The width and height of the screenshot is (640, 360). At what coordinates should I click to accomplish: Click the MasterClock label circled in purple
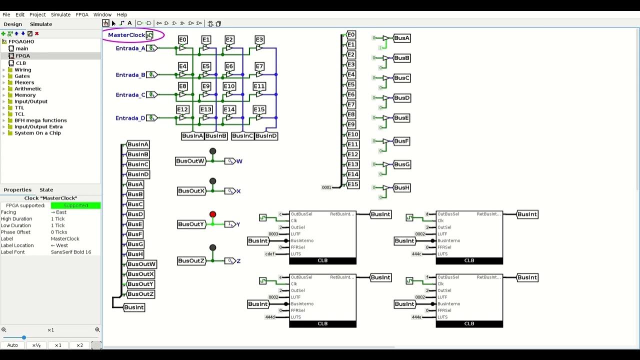[x=126, y=35]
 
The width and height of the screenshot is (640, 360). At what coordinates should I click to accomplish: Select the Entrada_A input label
[x=130, y=48]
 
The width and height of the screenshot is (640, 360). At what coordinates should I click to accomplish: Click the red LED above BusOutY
[x=212, y=214]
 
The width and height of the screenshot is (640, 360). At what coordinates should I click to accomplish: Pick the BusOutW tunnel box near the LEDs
[x=190, y=161]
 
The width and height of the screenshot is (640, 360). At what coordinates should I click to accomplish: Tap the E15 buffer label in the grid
[x=258, y=109]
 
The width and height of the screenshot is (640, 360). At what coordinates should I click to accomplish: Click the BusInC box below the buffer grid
[x=242, y=136]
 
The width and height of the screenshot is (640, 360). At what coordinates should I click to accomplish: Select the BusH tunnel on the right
[x=401, y=188]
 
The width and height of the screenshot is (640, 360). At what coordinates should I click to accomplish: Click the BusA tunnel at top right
[x=401, y=38]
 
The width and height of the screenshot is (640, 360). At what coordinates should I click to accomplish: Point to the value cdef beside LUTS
[x=270, y=254]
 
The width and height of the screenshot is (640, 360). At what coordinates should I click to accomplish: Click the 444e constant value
[x=416, y=317]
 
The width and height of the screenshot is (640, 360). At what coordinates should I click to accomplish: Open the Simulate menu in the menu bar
[x=60, y=14]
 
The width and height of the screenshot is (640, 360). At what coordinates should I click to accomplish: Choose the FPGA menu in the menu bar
[x=82, y=14]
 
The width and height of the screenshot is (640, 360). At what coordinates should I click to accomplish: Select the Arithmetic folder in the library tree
[x=28, y=88]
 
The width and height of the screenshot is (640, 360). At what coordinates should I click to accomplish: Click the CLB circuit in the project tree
[x=21, y=63]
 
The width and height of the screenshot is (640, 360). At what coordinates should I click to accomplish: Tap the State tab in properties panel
[x=46, y=190]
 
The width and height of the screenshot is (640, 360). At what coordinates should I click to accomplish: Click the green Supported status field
[x=75, y=205]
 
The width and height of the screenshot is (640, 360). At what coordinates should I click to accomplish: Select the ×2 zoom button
[x=79, y=345]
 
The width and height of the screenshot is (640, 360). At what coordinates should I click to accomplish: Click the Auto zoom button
[x=12, y=345]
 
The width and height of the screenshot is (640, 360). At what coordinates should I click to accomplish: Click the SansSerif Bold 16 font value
[x=71, y=252]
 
